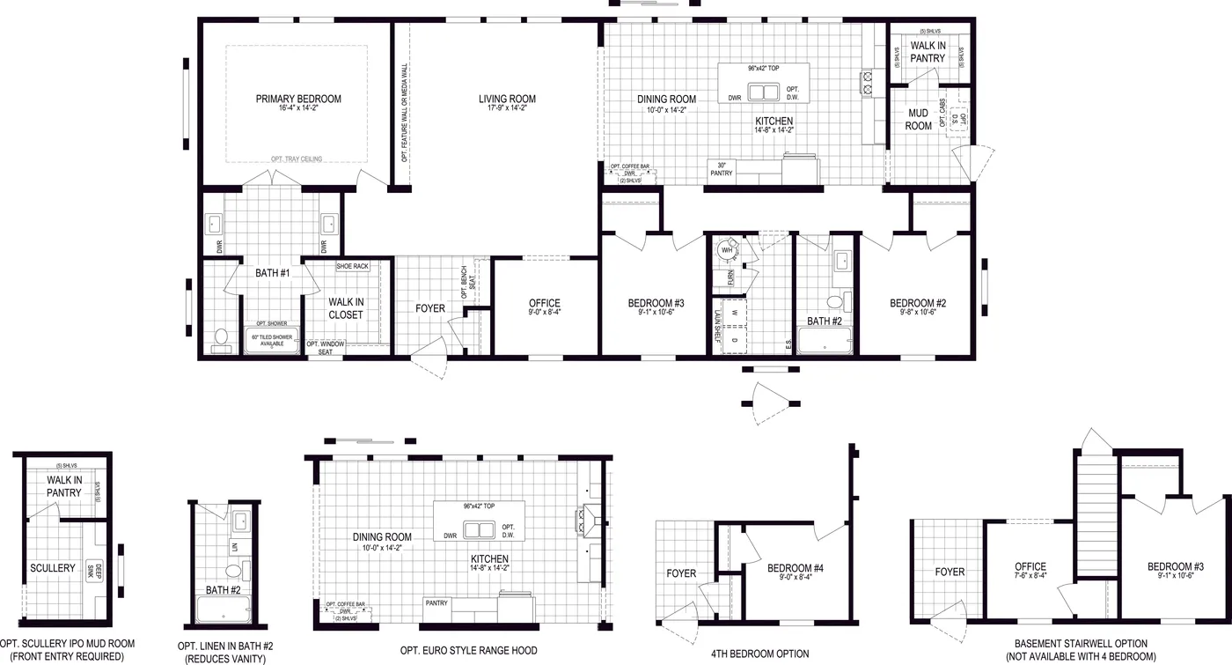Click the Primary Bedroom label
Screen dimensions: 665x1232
(298, 99)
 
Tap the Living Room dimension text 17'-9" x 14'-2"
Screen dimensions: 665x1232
(507, 108)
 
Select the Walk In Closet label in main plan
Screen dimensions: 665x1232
(346, 308)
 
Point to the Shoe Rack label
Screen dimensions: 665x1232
(352, 266)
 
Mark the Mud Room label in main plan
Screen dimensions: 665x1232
(918, 120)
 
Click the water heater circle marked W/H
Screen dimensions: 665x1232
(727, 250)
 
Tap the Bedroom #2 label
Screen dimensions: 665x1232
(917, 303)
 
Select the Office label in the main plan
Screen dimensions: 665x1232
(545, 304)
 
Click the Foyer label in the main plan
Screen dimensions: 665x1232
(430, 308)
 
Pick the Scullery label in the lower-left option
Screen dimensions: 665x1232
(53, 568)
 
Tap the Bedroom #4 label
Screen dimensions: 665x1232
(795, 567)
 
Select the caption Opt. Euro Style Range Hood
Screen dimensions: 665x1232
(468, 651)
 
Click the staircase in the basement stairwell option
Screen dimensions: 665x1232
(1096, 511)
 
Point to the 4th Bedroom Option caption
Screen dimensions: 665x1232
(759, 654)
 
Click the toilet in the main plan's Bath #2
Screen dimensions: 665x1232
(834, 302)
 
